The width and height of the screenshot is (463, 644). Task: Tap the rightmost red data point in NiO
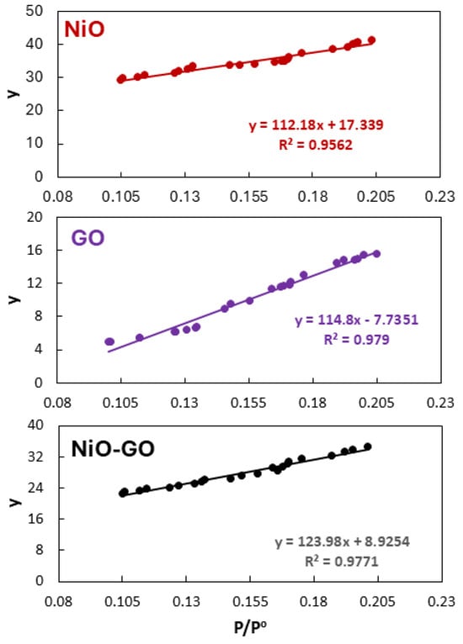(x=371, y=40)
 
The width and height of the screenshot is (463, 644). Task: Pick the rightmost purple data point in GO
(x=376, y=254)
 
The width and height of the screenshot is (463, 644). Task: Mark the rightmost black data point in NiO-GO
(x=367, y=447)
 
